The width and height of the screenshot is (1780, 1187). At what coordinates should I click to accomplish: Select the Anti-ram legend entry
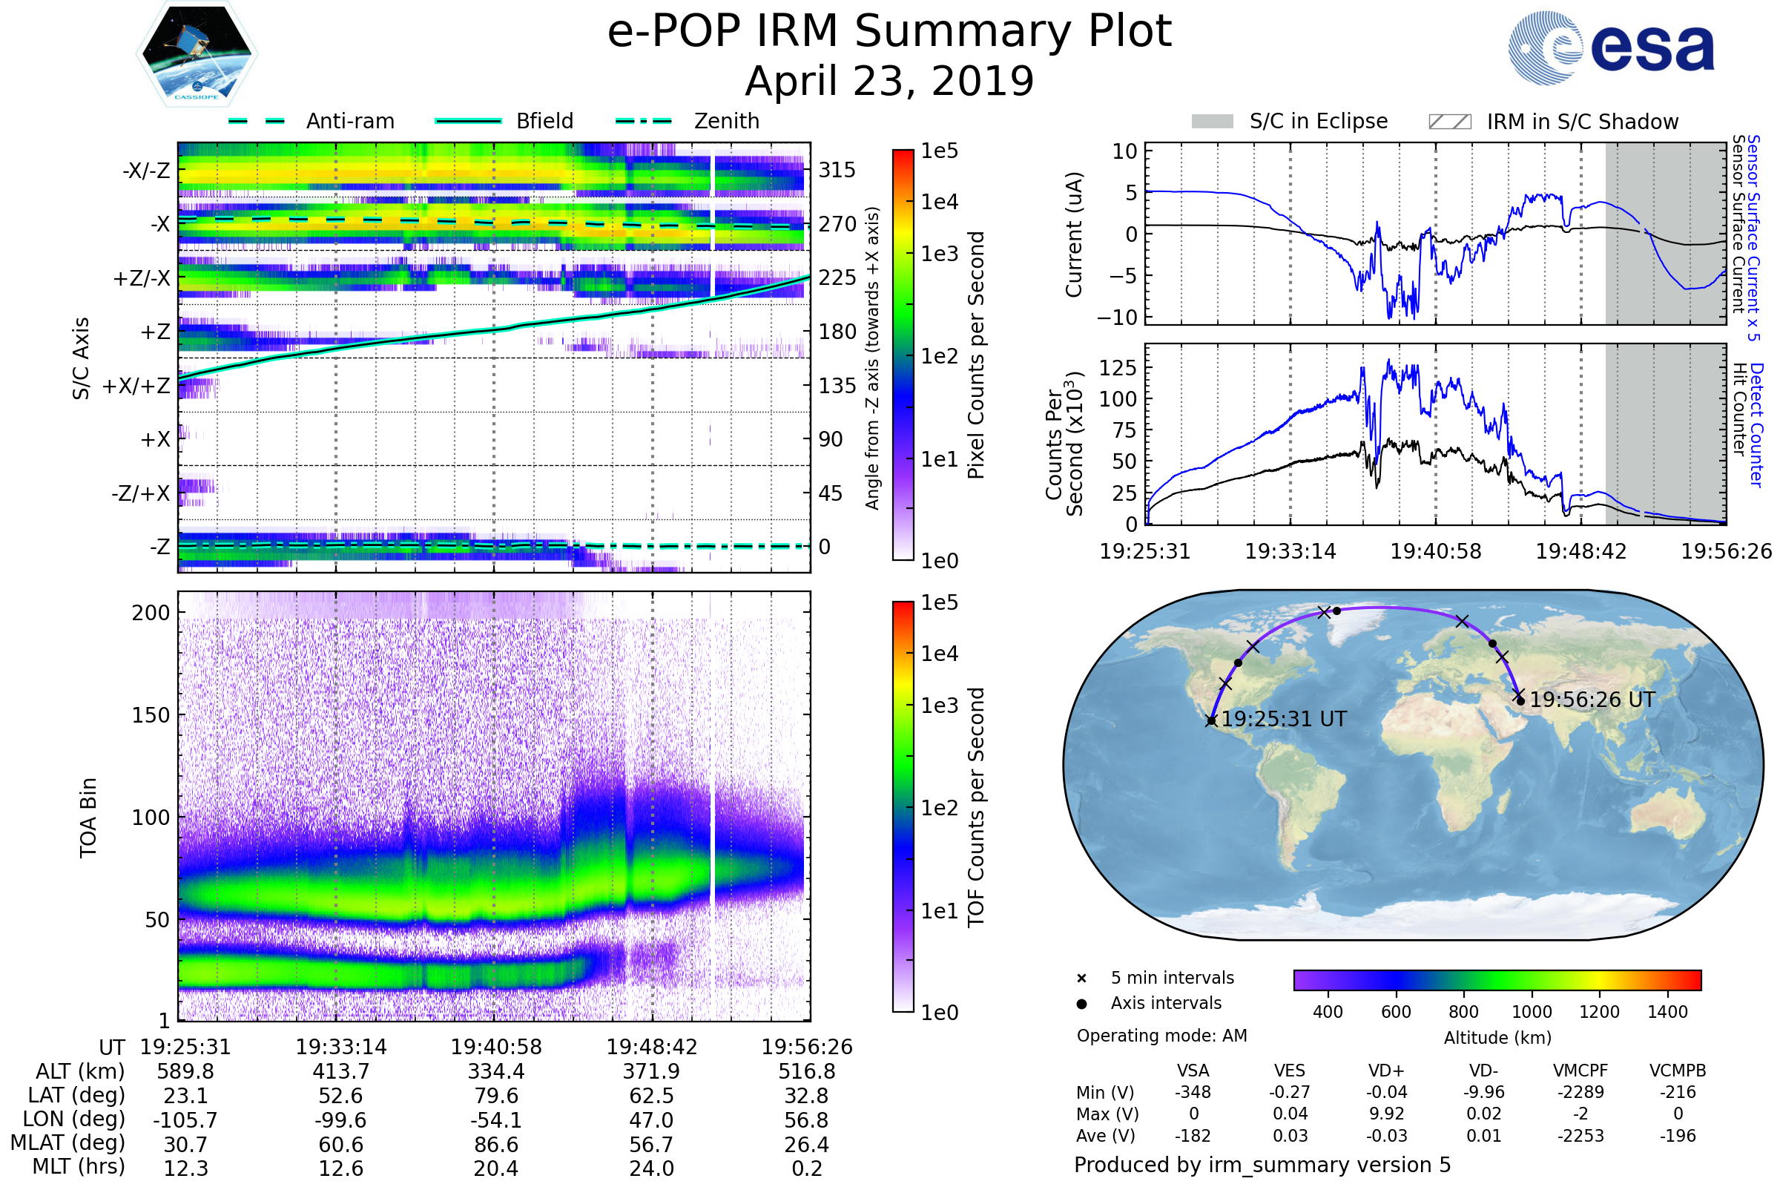pyautogui.click(x=311, y=121)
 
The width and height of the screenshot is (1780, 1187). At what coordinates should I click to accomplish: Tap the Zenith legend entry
pyautogui.click(x=688, y=121)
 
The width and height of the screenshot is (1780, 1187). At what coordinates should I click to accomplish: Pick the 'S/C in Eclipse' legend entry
pyautogui.click(x=1289, y=121)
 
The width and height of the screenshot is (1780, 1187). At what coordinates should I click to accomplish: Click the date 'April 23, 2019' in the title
pyautogui.click(x=889, y=81)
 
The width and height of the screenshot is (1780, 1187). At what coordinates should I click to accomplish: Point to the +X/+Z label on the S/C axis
pyautogui.click(x=136, y=386)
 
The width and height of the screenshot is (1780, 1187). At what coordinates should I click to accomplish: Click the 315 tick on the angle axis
pyautogui.click(x=837, y=170)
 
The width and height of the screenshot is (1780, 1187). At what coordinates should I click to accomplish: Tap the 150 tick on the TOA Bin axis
pyautogui.click(x=151, y=715)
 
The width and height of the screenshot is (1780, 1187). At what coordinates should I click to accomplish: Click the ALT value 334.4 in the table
pyautogui.click(x=496, y=1072)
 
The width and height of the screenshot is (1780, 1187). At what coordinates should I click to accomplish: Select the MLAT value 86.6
pyautogui.click(x=496, y=1145)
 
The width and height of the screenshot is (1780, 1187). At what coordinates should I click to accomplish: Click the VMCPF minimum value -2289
pyautogui.click(x=1580, y=1092)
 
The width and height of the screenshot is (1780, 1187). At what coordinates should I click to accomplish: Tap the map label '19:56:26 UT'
pyautogui.click(x=1592, y=700)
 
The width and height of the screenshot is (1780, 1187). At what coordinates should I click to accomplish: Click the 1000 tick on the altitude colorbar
pyautogui.click(x=1532, y=1012)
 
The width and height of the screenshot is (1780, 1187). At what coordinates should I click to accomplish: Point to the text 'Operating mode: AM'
pyautogui.click(x=1161, y=1036)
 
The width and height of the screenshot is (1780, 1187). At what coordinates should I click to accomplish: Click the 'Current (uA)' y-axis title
pyautogui.click(x=1074, y=234)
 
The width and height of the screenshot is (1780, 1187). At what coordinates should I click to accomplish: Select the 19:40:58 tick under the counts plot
pyautogui.click(x=1436, y=551)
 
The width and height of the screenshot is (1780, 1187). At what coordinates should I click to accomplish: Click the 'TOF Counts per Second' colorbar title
pyautogui.click(x=976, y=807)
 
